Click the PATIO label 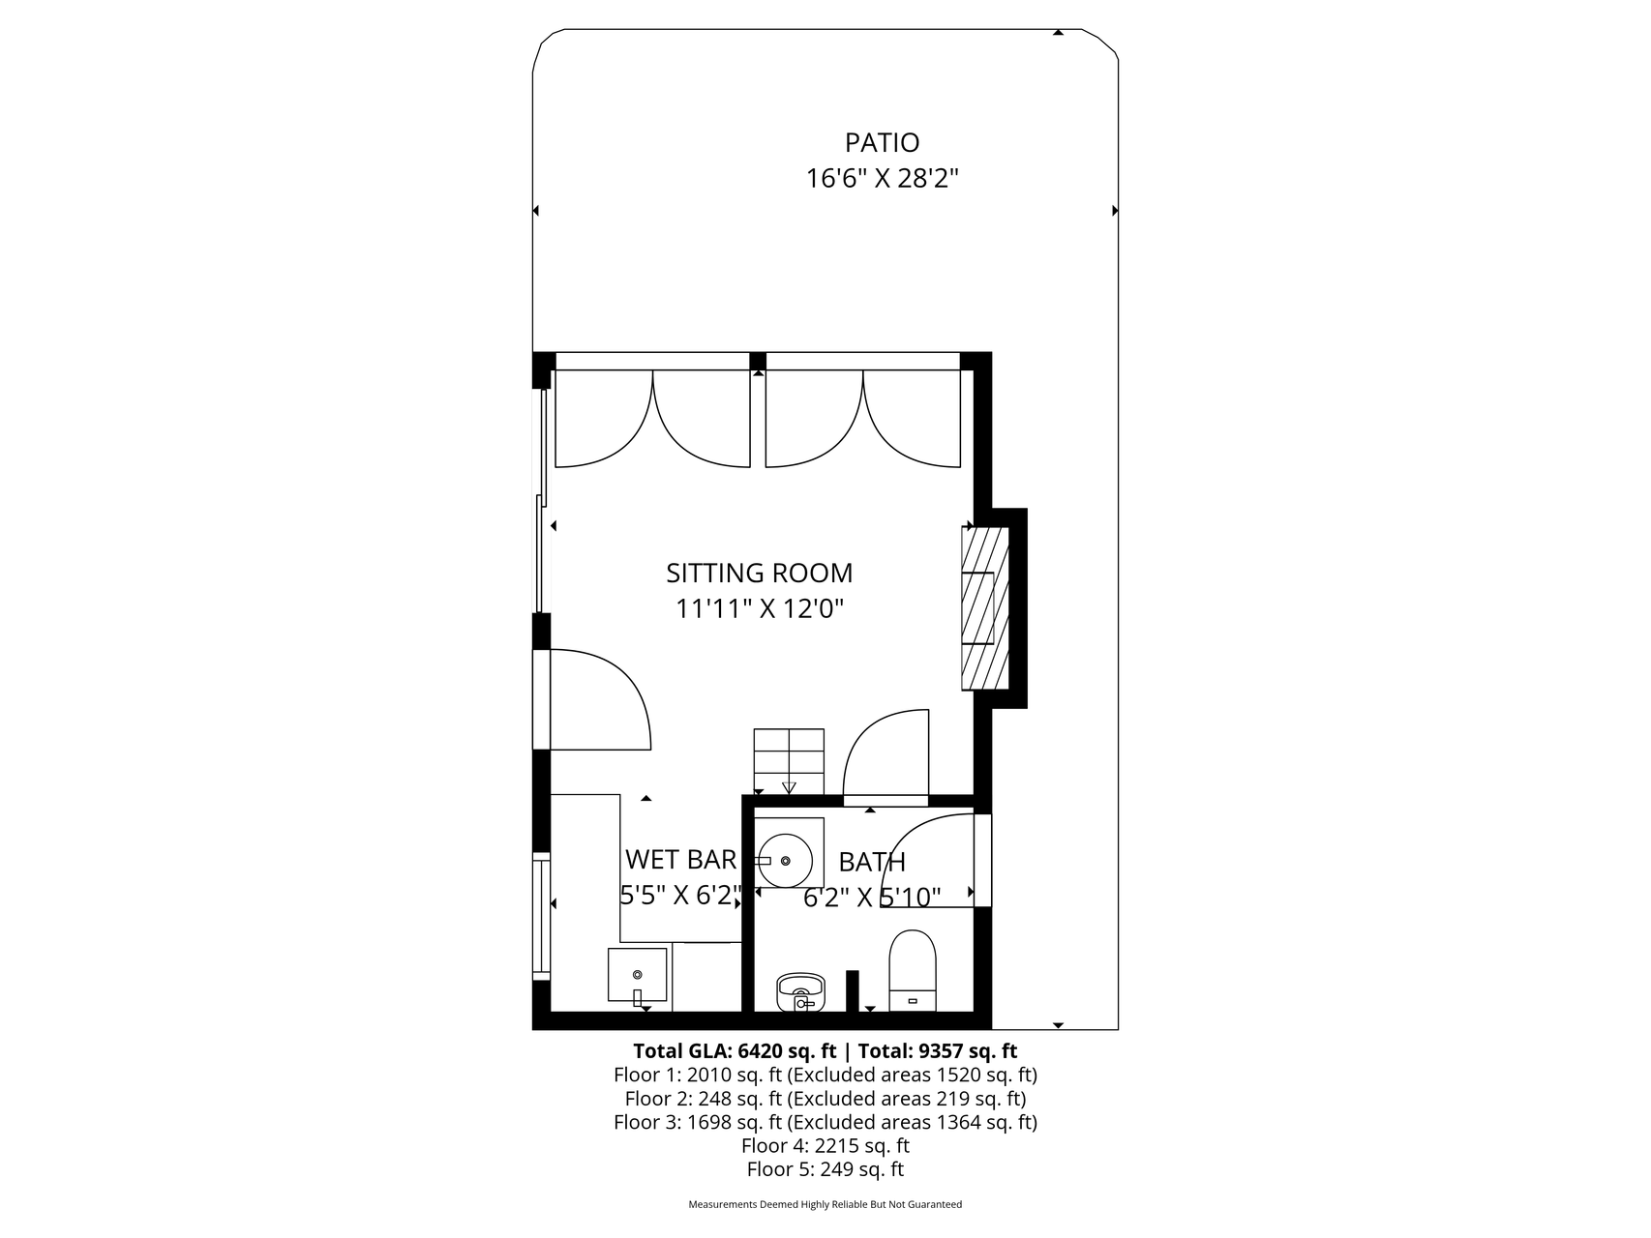882,143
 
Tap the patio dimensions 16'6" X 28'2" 882,179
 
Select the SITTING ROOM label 759,574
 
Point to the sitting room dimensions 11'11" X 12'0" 759,609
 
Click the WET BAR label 680,860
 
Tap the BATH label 872,862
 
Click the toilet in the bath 913,970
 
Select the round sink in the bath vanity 784,860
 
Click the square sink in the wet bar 637,975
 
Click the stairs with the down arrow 789,761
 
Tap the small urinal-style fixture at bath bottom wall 800,991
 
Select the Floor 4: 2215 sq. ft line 825,1146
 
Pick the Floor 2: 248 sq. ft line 825,1099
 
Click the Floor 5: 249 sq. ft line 825,1169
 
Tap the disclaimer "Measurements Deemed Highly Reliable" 825,1205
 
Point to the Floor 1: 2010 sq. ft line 825,1075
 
